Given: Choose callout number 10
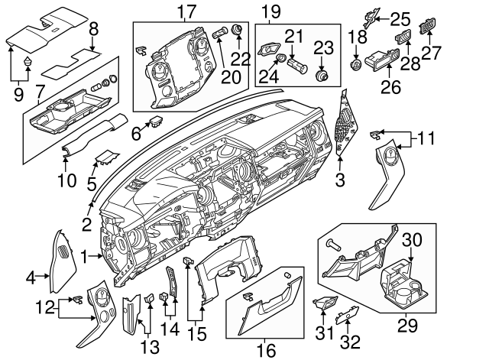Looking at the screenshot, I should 66,181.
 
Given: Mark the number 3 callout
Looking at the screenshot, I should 340,180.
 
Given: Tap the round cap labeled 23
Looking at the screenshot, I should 322,76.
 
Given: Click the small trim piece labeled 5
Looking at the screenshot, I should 105,159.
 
